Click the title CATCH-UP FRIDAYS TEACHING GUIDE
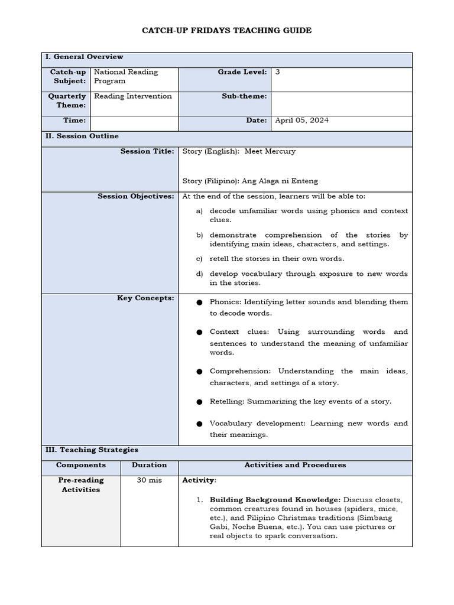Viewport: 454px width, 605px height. [226, 30]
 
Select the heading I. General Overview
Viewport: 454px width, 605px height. [84, 57]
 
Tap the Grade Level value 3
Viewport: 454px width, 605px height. [278, 72]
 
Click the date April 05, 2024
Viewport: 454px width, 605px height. [302, 120]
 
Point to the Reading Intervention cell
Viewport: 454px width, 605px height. [133, 96]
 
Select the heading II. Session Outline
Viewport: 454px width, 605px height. [82, 136]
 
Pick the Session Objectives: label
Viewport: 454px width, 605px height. [136, 196]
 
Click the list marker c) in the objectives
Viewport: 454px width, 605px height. [199, 258]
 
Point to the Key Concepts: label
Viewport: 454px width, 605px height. [145, 298]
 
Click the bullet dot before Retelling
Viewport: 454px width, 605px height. [199, 402]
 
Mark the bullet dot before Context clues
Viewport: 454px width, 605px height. [199, 333]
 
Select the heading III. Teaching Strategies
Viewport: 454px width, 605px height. [92, 450]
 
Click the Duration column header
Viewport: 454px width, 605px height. [149, 465]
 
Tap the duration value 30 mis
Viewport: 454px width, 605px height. [149, 480]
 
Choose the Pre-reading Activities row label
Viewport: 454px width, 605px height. [81, 485]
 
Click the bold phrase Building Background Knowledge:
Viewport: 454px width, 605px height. [275, 500]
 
